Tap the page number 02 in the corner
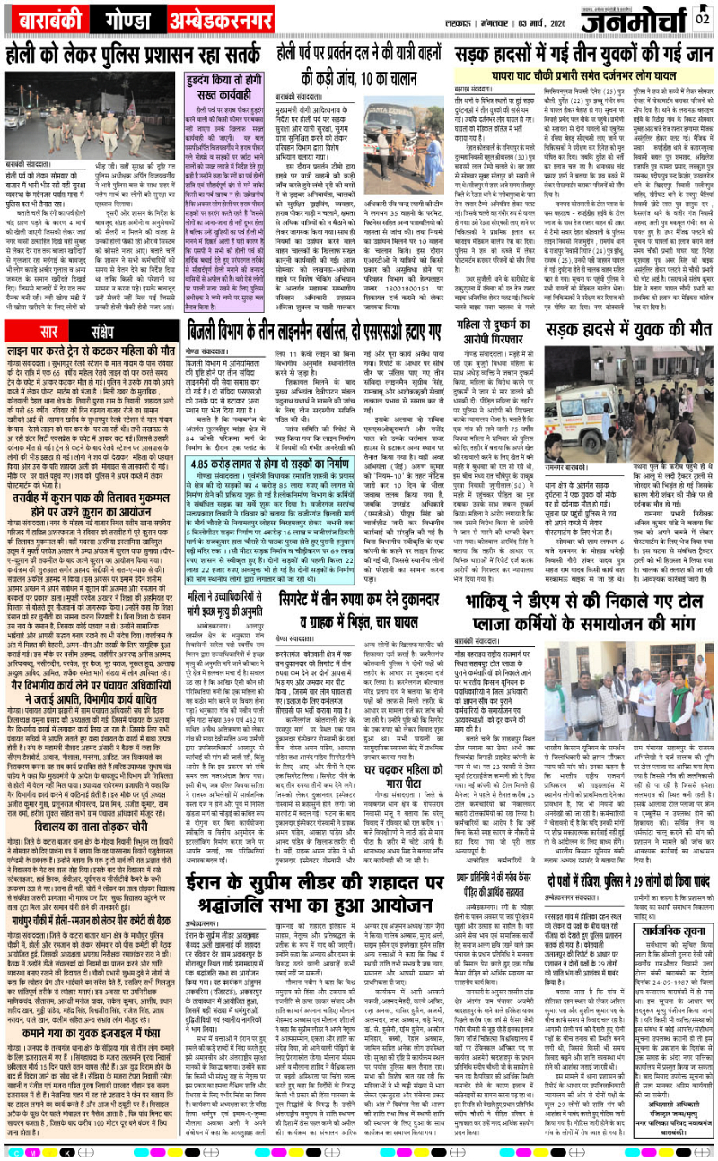pyautogui.click(x=703, y=16)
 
